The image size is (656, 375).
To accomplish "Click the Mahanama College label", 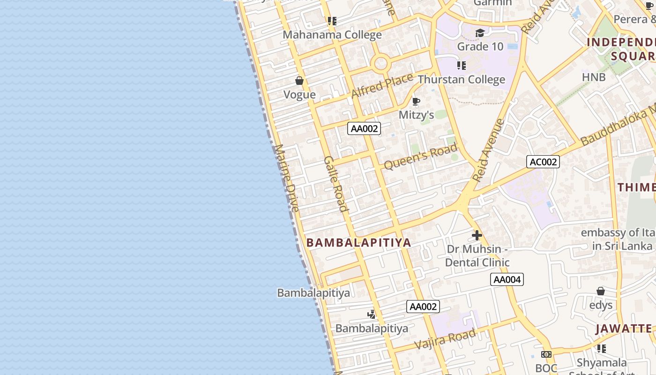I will coord(333,35).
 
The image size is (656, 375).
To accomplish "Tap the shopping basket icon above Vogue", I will coord(299,81).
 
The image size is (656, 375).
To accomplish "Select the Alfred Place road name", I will coord(382,85).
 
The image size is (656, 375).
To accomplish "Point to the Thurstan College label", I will coord(461,79).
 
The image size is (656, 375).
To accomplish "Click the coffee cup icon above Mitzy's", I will coord(416,102).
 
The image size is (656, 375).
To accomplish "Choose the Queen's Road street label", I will coord(420,157).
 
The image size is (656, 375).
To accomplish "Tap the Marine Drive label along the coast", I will coord(286,178).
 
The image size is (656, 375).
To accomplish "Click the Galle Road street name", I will coord(336,184).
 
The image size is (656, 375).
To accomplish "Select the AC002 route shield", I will coord(543,162).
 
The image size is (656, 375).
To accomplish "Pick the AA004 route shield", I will coord(507,279).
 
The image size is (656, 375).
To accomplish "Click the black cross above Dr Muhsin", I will coord(477,235).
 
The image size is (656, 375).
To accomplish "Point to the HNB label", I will coord(594,77).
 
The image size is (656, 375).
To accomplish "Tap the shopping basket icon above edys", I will coord(601,291).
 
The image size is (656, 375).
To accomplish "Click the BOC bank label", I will coord(546,368).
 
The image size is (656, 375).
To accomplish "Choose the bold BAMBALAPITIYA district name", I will coord(358,242).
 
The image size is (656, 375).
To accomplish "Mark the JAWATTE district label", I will coord(624,329).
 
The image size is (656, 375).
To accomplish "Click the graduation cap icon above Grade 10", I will coord(480,33).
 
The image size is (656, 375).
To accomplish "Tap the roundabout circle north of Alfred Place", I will coord(380,63).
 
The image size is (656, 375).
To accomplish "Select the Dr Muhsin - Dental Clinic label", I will coord(477,255).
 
